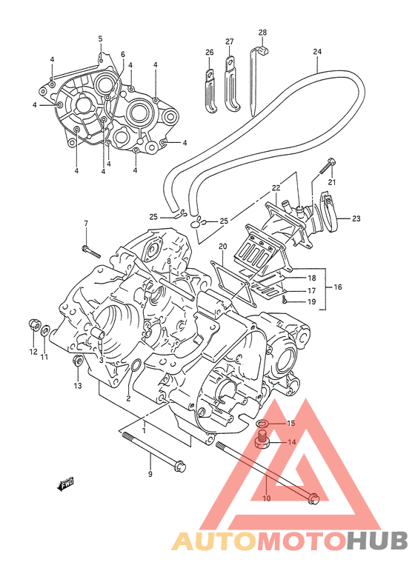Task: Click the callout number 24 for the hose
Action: pyautogui.click(x=317, y=52)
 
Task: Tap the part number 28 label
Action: pyautogui.click(x=262, y=33)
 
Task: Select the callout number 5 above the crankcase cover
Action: pyautogui.click(x=100, y=39)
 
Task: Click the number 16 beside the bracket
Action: pyautogui.click(x=338, y=287)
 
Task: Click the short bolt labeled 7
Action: pyautogui.click(x=91, y=250)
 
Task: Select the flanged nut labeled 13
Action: pyautogui.click(x=78, y=360)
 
